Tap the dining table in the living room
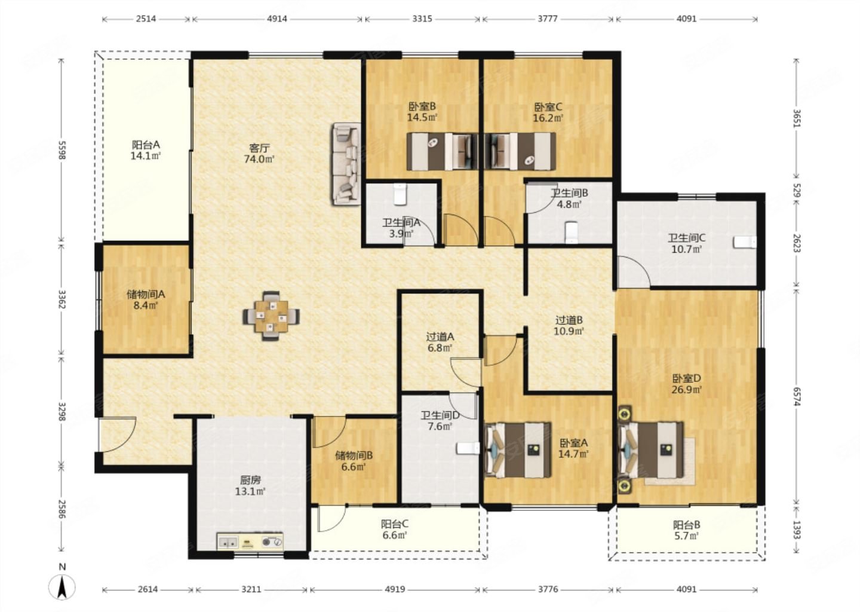pyautogui.click(x=271, y=316)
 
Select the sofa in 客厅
pyautogui.click(x=346, y=164)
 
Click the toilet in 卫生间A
pyautogui.click(x=400, y=194)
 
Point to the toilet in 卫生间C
pyautogui.click(x=745, y=243)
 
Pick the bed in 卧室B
pyautogui.click(x=443, y=151)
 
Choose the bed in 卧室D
pyautogui.click(x=651, y=449)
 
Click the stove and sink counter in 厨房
pyautogui.click(x=250, y=541)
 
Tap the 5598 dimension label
pyautogui.click(x=62, y=149)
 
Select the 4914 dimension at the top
pyautogui.click(x=277, y=19)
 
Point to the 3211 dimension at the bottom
pyautogui.click(x=251, y=589)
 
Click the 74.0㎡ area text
pyautogui.click(x=259, y=158)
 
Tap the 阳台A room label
pyautogui.click(x=146, y=145)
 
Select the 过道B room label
pyautogui.click(x=569, y=320)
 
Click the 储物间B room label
pyautogui.click(x=354, y=455)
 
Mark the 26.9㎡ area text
pyautogui.click(x=687, y=390)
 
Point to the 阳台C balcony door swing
pyautogui.click(x=332, y=519)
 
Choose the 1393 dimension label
pyautogui.click(x=796, y=530)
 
